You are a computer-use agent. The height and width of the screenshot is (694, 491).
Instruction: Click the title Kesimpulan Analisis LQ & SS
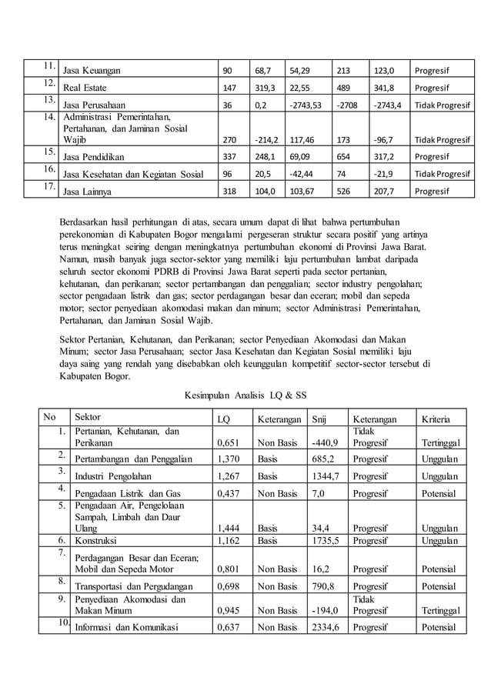point(245,395)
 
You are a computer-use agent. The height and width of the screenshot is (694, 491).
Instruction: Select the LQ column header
point(223,419)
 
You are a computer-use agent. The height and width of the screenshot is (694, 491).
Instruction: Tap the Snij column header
point(317,419)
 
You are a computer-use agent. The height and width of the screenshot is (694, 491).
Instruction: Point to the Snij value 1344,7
point(325,476)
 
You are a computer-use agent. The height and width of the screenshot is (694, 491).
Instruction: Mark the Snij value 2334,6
point(325,627)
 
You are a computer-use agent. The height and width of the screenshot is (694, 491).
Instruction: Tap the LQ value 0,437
point(229,493)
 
